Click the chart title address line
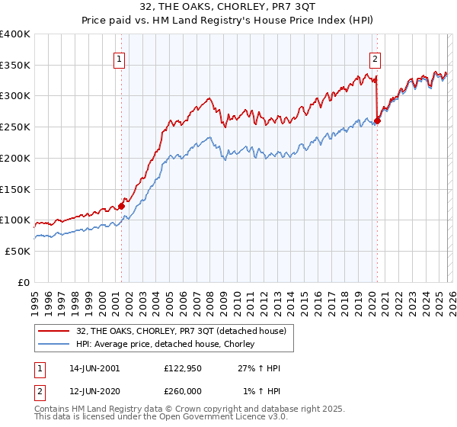(x=228, y=6)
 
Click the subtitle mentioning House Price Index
(x=228, y=20)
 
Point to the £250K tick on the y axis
(x=15, y=127)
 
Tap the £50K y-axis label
(x=18, y=251)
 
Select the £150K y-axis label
(x=15, y=189)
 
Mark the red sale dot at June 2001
(x=121, y=206)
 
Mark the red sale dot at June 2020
(x=377, y=121)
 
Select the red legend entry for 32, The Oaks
(x=181, y=331)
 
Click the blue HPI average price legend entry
(x=169, y=345)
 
